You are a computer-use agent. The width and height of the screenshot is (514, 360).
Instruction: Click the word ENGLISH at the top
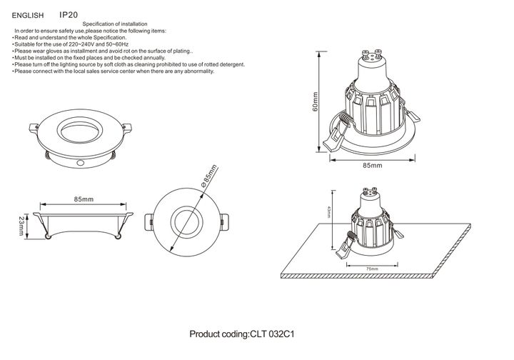click(x=29, y=14)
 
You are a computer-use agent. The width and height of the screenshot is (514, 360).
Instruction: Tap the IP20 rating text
click(x=69, y=14)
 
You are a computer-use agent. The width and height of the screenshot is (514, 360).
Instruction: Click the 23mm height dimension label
click(x=21, y=226)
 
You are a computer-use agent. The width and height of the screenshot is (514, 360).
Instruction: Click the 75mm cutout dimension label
click(x=371, y=269)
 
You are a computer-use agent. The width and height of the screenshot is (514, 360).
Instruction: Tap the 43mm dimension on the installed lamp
click(x=329, y=213)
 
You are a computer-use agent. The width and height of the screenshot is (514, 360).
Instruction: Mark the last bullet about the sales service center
click(x=114, y=71)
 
